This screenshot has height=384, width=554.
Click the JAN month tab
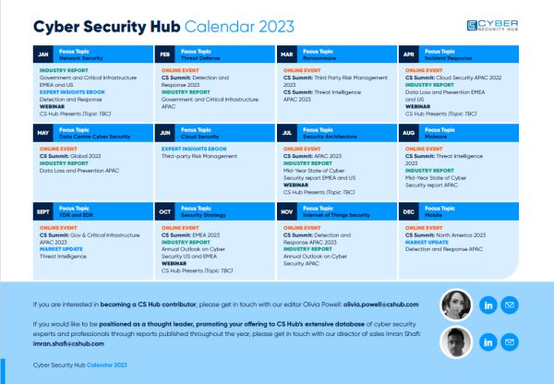click(43, 54)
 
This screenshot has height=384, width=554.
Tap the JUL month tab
click(287, 133)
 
